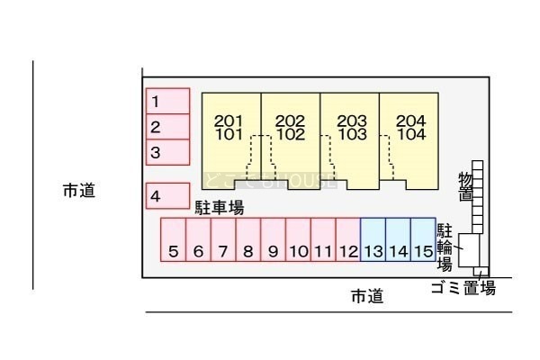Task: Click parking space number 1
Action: tap(167, 101)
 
